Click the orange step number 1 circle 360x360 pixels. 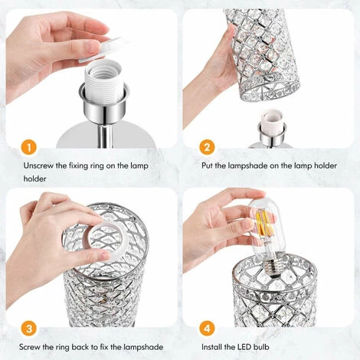coord(28,146)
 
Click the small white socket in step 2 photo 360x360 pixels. coord(271,123)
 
